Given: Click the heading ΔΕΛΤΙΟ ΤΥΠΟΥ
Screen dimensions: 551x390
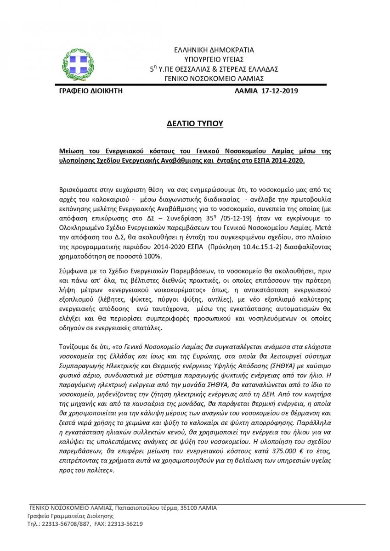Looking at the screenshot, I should pos(195,124).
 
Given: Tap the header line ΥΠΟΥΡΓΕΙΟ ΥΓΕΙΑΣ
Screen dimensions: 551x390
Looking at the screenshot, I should pos(214,59).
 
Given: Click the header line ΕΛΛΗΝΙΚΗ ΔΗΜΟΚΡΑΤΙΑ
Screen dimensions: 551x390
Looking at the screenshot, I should pos(214,50).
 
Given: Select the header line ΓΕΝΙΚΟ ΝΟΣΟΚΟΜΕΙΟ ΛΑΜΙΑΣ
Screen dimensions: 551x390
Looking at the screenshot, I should pos(214,79).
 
